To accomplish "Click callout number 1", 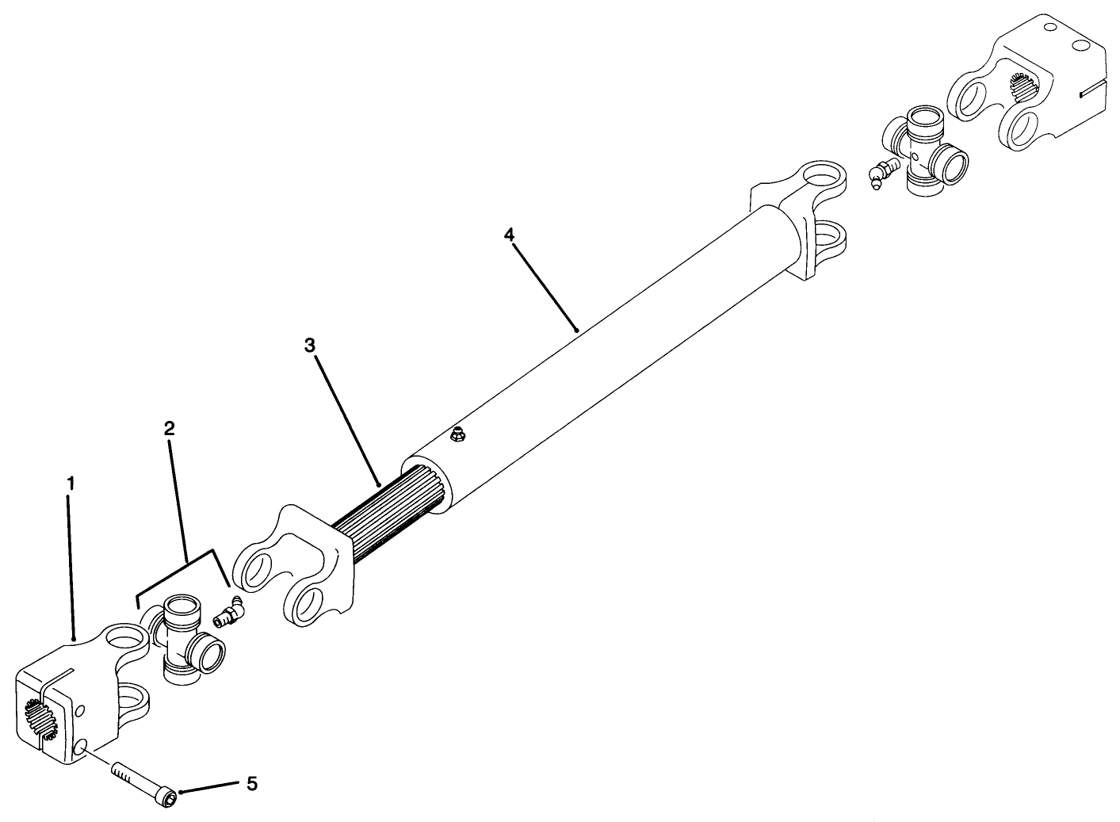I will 71,482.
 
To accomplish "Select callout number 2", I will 169,428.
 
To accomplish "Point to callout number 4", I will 509,235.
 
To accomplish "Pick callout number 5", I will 251,784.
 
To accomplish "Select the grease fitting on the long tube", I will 457,434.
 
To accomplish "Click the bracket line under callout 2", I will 185,563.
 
